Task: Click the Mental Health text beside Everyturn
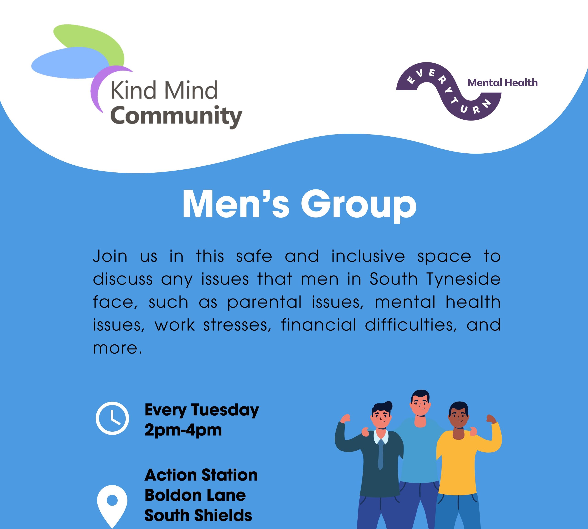502,83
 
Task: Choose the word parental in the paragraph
264,303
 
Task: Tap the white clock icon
112,418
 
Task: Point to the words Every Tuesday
201,410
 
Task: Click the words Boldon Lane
195,495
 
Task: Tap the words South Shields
198,515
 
